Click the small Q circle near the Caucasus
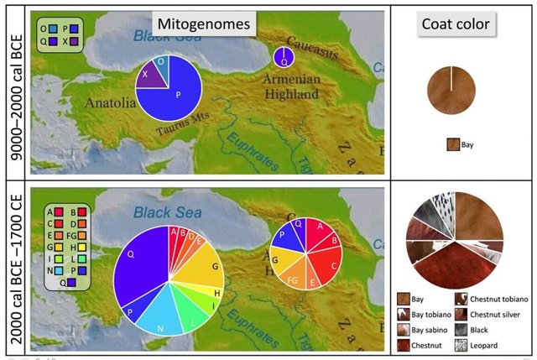[283, 58]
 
